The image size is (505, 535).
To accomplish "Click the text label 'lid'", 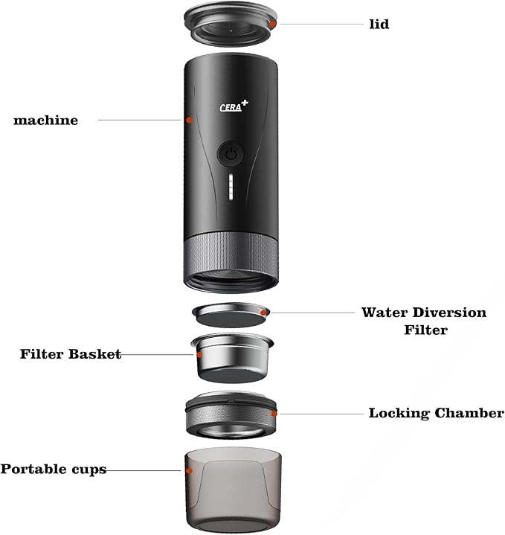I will pos(379,25).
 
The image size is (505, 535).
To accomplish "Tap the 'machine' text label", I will pos(45,120).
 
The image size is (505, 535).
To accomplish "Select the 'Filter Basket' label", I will pos(70,354).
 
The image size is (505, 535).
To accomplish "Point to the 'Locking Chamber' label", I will pos(436,413).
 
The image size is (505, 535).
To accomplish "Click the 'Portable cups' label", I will pos(53,470).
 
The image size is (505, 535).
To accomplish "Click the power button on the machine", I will pos(231,155).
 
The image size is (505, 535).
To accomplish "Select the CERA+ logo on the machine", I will pos(234,106).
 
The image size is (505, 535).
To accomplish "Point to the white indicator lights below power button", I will pos(231,189).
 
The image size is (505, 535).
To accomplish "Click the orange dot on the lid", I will pos(274,25).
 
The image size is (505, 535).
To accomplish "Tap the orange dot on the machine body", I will pos(189,120).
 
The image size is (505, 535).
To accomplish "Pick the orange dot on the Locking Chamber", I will pos(274,413).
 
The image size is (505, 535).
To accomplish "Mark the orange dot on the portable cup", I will pos(190,470).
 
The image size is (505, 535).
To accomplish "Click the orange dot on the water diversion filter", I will pos(265,313).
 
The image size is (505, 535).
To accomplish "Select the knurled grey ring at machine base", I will pos(231,253).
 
